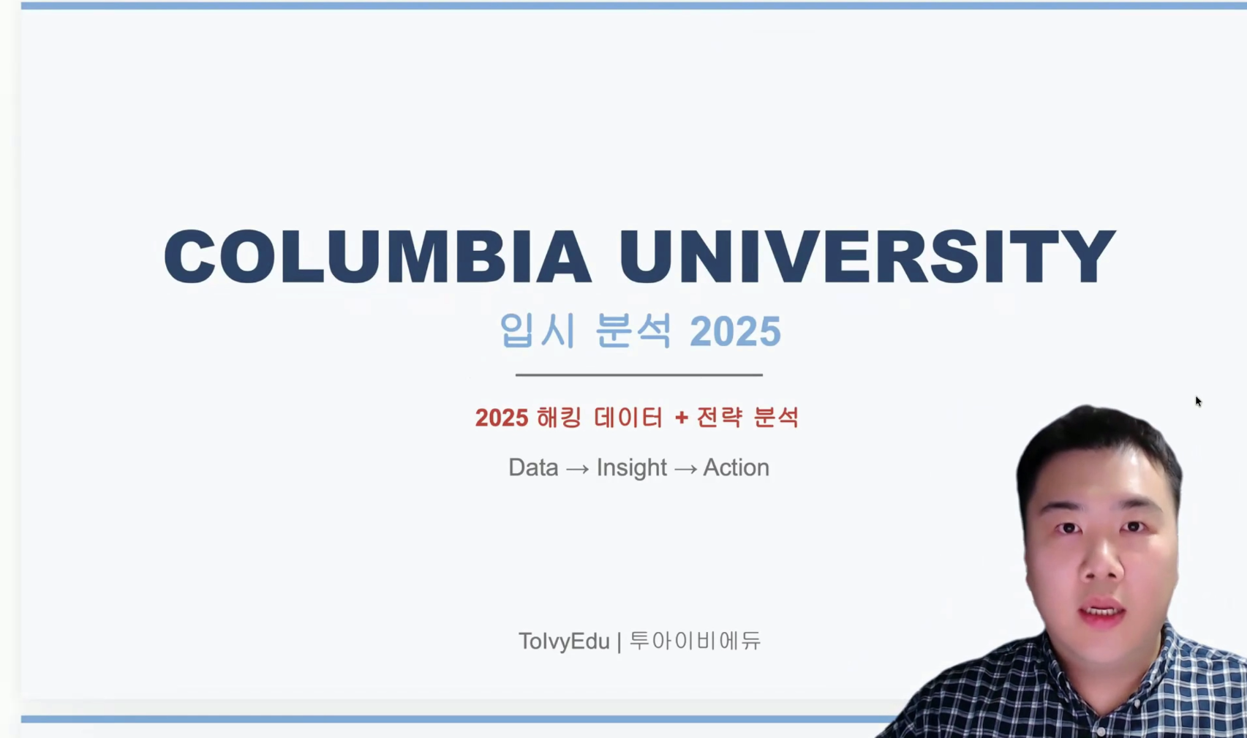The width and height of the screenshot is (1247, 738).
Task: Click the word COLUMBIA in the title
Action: click(377, 256)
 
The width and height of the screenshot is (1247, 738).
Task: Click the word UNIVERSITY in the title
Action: click(867, 256)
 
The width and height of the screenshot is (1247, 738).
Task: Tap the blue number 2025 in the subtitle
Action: click(735, 331)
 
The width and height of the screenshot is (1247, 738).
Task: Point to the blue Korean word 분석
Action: click(633, 331)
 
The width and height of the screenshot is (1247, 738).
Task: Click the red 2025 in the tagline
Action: click(501, 418)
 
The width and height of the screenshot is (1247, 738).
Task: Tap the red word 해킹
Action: click(560, 418)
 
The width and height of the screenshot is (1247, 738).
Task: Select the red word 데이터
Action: click(629, 418)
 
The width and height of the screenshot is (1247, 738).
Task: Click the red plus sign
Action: click(682, 418)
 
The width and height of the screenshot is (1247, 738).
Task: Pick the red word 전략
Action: click(720, 418)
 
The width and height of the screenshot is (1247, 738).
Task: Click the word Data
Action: click(533, 467)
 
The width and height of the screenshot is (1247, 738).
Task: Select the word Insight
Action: click(631, 467)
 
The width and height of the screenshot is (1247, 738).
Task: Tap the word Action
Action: click(736, 467)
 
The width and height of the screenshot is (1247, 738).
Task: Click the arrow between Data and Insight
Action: click(577, 469)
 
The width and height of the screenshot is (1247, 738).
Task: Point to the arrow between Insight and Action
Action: click(685, 469)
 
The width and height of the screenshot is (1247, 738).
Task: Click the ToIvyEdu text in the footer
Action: click(564, 641)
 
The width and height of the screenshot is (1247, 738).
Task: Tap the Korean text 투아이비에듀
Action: click(695, 641)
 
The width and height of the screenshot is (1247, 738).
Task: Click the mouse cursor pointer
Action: click(1198, 401)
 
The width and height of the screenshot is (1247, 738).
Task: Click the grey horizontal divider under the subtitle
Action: click(638, 374)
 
